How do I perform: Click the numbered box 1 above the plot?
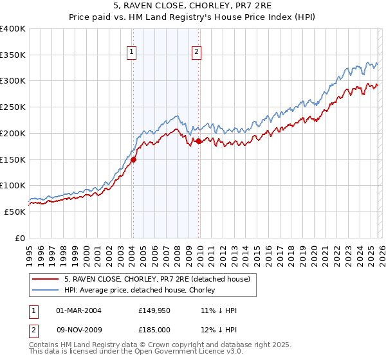(132, 53)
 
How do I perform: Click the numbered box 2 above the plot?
(196, 53)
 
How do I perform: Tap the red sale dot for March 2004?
(133, 159)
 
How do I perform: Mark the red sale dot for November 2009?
(198, 141)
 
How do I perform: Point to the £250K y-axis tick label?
(13, 107)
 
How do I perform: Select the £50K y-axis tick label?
(15, 212)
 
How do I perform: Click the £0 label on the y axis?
(21, 238)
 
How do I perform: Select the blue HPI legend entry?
(142, 291)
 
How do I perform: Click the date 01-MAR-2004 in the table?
(78, 310)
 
